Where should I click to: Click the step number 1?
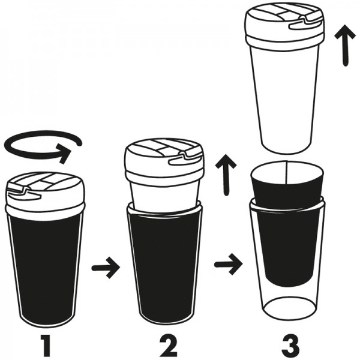47,347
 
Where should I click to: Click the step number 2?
168,347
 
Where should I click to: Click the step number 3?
290,347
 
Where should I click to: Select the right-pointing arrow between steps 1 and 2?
106,268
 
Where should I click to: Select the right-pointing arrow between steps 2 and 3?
228,265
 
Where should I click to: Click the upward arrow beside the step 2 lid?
226,175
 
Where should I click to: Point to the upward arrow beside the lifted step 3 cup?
345,46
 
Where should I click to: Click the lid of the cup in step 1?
46,193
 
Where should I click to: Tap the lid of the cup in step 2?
164,159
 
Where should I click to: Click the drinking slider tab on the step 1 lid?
24,192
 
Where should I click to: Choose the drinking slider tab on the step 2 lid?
185,158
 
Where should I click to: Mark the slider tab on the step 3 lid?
306,23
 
